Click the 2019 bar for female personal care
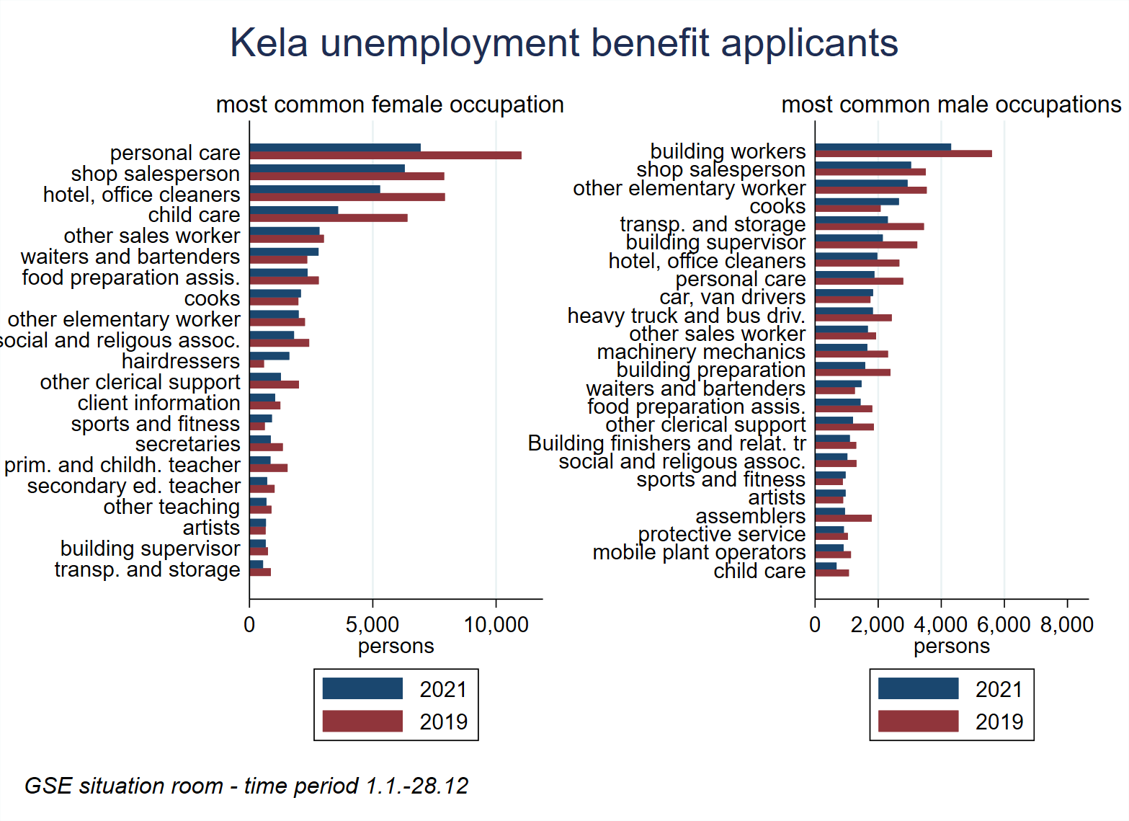385,156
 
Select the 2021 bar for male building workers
883,147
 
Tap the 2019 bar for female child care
329,218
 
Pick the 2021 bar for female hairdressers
269,355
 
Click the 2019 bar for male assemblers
843,518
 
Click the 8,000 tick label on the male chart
1066,624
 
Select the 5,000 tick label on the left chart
372,624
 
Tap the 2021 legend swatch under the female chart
362,688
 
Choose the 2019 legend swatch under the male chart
918,721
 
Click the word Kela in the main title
269,43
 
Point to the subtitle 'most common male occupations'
951,105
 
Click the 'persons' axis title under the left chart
396,646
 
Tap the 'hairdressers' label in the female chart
180,361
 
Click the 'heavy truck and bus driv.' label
686,316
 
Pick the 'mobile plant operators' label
699,552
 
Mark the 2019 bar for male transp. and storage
869,226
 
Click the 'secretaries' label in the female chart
187,444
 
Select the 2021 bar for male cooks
857,202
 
